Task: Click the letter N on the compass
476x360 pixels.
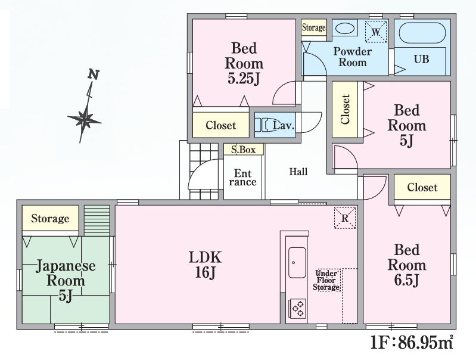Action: [94, 74]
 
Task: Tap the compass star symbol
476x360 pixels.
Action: [84, 119]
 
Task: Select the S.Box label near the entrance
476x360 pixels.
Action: [243, 150]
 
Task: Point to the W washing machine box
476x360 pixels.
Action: [376, 32]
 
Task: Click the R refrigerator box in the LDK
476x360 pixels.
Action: [345, 218]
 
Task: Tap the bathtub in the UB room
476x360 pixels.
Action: [422, 33]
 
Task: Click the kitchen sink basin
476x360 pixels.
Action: [297, 262]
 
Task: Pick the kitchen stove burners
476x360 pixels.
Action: [297, 309]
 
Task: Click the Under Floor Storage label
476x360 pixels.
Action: [326, 280]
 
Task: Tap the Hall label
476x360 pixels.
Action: [298, 172]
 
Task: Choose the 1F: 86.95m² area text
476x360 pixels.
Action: [412, 342]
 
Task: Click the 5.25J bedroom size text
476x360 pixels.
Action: [244, 79]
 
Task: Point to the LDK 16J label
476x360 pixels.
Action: [206, 265]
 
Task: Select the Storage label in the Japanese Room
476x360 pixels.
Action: [50, 218]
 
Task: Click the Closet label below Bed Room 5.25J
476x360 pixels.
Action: [220, 125]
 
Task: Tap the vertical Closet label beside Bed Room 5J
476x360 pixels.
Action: [345, 109]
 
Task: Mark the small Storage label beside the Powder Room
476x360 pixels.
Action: [313, 27]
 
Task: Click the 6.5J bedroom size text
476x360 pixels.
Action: [406, 280]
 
